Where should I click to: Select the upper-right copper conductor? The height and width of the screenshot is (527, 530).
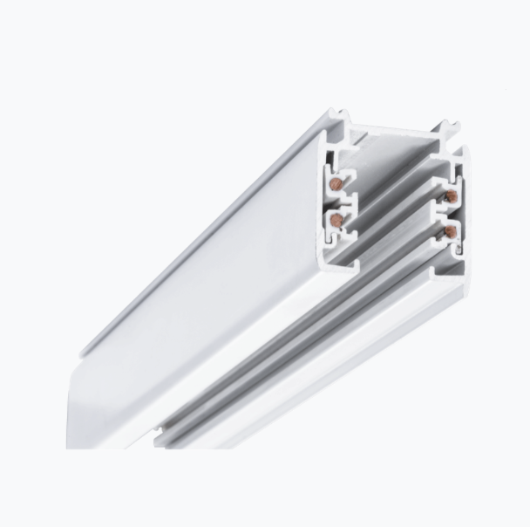pyautogui.click(x=452, y=197)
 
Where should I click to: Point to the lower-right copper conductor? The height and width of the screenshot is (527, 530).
pyautogui.click(x=451, y=230)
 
